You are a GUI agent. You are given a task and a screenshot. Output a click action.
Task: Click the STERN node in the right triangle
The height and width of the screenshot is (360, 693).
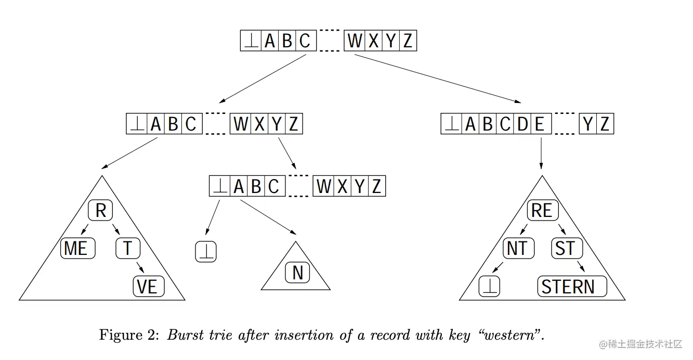[571, 287]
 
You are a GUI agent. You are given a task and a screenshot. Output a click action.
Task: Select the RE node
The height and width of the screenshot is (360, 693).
[542, 211]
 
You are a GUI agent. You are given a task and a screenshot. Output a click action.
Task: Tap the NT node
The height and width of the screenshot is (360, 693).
[517, 249]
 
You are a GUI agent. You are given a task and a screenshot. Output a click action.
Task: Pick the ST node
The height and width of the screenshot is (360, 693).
[566, 249]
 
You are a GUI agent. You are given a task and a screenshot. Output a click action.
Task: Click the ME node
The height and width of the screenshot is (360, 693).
[77, 249]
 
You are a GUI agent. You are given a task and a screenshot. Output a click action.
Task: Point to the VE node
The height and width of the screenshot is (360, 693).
[148, 287]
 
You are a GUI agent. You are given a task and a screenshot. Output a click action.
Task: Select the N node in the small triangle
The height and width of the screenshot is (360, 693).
[297, 273]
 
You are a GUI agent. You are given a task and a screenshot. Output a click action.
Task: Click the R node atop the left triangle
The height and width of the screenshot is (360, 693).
[101, 211]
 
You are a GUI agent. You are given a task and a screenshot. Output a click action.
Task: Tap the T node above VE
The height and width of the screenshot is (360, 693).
[127, 249]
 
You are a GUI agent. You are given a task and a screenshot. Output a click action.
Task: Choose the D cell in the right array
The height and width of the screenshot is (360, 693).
[522, 125]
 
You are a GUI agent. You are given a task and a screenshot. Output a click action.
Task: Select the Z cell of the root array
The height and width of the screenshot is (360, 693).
[408, 41]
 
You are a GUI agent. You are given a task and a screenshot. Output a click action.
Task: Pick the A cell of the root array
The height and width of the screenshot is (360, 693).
[269, 41]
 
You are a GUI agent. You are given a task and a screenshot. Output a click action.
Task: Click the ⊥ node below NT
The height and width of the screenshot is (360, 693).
[489, 287]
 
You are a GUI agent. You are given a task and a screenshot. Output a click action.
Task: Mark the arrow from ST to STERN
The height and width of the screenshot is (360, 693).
[581, 266]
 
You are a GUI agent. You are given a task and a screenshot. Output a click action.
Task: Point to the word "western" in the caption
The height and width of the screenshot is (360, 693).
[514, 336]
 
